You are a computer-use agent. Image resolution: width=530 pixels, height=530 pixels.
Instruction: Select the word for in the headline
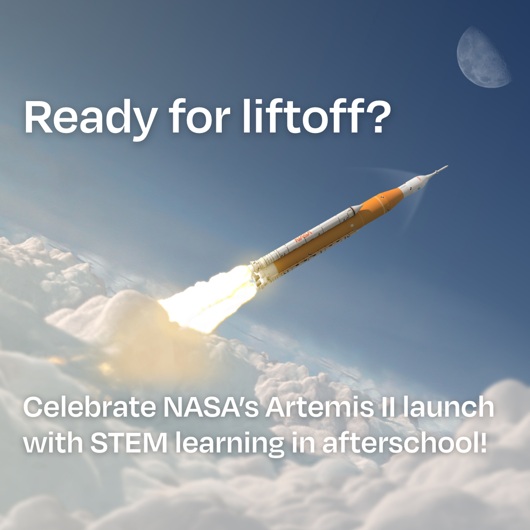199,117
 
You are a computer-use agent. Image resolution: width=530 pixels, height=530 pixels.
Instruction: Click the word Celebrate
90,407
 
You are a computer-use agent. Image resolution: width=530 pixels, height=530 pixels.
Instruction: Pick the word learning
230,444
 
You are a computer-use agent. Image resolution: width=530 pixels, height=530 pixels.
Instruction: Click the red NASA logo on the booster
303,237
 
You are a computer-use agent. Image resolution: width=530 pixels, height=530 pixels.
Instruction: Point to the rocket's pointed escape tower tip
447,166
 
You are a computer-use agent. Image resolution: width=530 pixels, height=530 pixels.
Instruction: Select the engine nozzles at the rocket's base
258,275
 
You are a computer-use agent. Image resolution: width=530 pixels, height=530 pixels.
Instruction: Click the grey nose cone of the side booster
356,208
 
